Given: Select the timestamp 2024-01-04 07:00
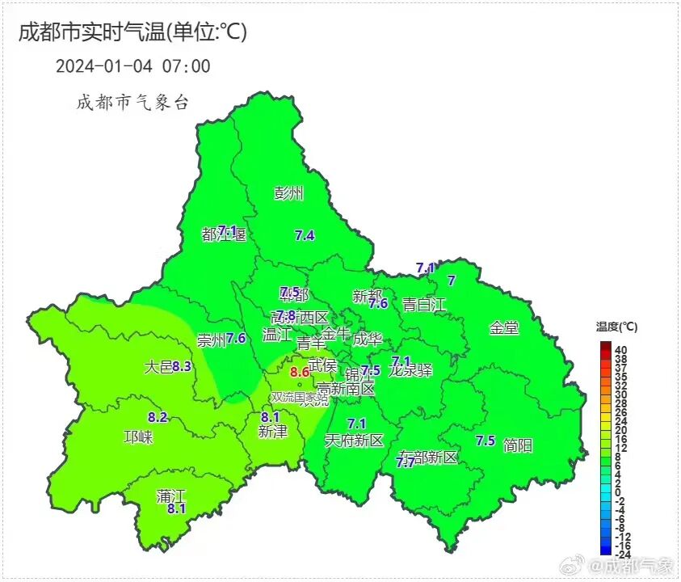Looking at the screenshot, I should tap(132, 66).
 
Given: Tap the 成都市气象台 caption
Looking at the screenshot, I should tap(132, 103).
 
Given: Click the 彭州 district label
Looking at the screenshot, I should tap(288, 193).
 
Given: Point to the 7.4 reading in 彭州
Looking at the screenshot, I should tap(305, 236).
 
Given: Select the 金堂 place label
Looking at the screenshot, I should tap(504, 328).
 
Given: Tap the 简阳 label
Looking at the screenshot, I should tap(517, 445).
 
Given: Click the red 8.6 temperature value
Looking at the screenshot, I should tap(300, 372).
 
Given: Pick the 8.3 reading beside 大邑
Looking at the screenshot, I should tap(182, 367).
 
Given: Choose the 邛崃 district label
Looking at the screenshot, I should tap(138, 437).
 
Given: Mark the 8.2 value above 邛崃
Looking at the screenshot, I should tap(158, 418).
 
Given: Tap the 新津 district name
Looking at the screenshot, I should tap(272, 432).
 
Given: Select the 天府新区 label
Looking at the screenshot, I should tap(354, 441).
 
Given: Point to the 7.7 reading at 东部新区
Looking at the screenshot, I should tap(406, 462).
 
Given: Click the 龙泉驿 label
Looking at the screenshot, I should tap(410, 372).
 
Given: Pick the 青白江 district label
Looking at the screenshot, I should tap(424, 305).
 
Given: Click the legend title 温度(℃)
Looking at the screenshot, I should tap(617, 327).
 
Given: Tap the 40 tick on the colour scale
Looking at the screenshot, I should tap(621, 349).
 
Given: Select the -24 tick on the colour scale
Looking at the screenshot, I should tap(622, 555).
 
